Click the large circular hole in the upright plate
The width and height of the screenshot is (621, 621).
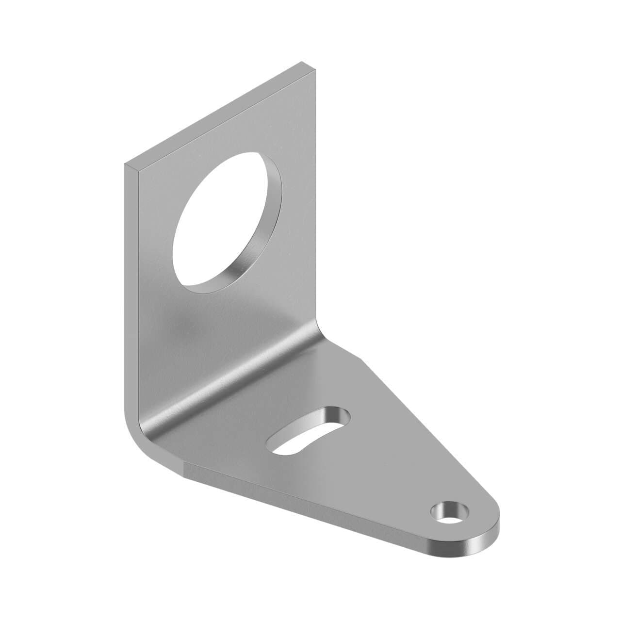click(x=221, y=228)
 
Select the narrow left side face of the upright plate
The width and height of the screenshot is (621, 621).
click(x=131, y=291)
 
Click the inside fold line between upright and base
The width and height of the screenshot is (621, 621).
click(x=233, y=383)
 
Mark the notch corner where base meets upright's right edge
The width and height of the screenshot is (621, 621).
click(x=361, y=359)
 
